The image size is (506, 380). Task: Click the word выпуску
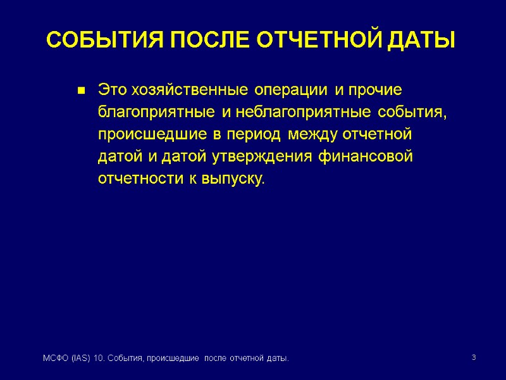(x=233, y=179)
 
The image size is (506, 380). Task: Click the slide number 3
(x=473, y=359)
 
